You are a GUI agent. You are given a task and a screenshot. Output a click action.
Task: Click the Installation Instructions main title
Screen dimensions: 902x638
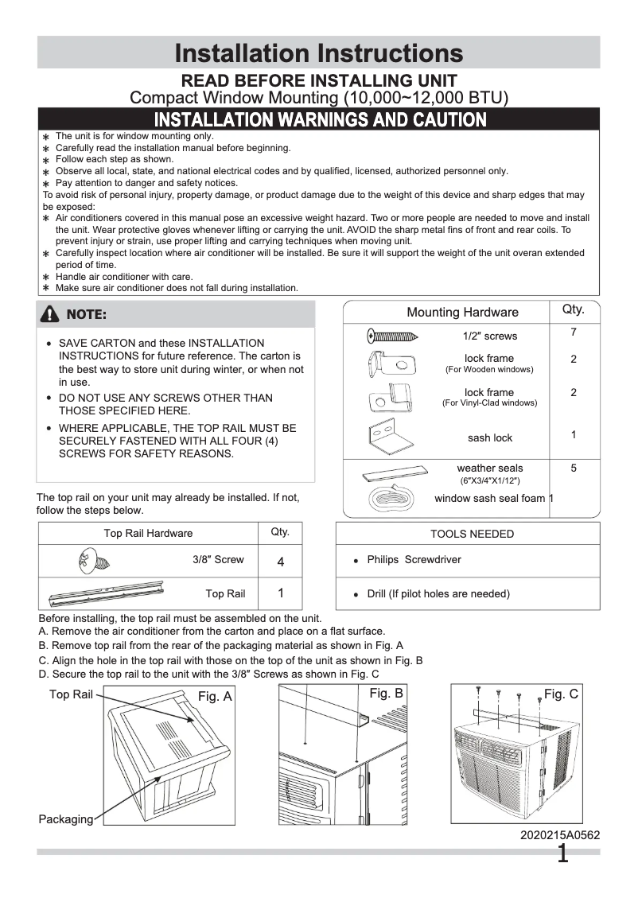(x=318, y=53)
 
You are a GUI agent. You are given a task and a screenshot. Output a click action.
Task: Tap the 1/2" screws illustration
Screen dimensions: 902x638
(x=394, y=336)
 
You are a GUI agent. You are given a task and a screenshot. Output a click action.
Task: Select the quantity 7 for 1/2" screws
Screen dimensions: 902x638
(x=573, y=332)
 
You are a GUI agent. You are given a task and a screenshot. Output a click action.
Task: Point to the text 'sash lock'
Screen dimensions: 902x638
(x=490, y=438)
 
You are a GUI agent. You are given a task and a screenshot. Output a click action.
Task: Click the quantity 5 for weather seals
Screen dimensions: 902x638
(x=573, y=468)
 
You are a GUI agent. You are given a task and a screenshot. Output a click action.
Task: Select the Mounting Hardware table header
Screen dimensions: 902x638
(x=462, y=313)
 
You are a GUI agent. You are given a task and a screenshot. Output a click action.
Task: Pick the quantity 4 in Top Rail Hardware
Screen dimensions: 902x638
(x=280, y=562)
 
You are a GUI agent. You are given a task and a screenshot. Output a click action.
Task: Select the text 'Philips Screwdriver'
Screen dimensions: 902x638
(x=414, y=560)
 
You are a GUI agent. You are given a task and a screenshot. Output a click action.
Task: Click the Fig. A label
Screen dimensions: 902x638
(x=215, y=696)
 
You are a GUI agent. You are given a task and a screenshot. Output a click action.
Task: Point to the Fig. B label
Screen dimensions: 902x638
(x=386, y=694)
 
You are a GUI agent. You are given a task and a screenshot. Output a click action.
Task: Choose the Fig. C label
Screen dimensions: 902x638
(x=561, y=694)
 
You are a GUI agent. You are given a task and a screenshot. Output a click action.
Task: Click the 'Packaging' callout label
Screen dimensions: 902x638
(x=65, y=819)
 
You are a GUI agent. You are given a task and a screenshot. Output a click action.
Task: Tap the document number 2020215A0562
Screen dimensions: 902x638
(x=560, y=835)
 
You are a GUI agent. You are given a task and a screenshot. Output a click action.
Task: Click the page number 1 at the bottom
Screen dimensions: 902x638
(x=562, y=855)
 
